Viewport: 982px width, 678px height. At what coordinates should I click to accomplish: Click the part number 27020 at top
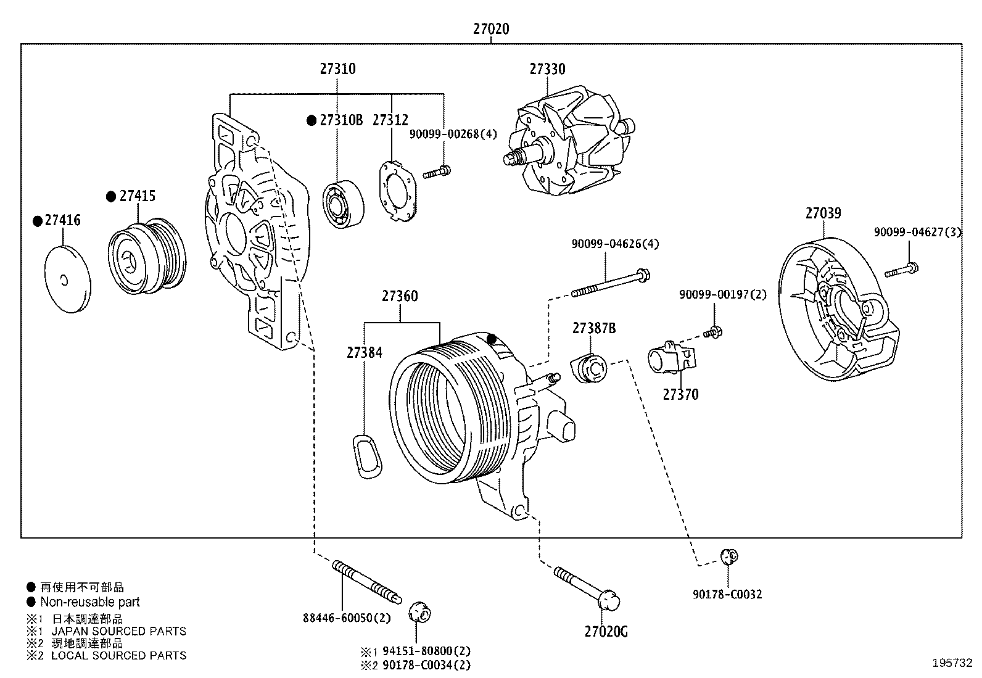pos(491,28)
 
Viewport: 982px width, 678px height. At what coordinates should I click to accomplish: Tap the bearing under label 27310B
pos(343,204)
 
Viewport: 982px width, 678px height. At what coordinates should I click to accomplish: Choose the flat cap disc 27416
pos(68,279)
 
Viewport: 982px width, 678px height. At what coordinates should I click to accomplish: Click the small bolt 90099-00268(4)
pos(437,172)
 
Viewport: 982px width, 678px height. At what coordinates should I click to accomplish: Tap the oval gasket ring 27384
pos(366,455)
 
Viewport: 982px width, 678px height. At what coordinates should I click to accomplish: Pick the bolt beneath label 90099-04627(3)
pos(902,270)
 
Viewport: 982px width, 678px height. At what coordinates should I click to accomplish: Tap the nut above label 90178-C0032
pos(729,557)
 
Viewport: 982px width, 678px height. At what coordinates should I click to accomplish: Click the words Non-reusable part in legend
pos(90,602)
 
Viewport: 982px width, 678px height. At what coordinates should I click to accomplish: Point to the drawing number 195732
pos(952,663)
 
